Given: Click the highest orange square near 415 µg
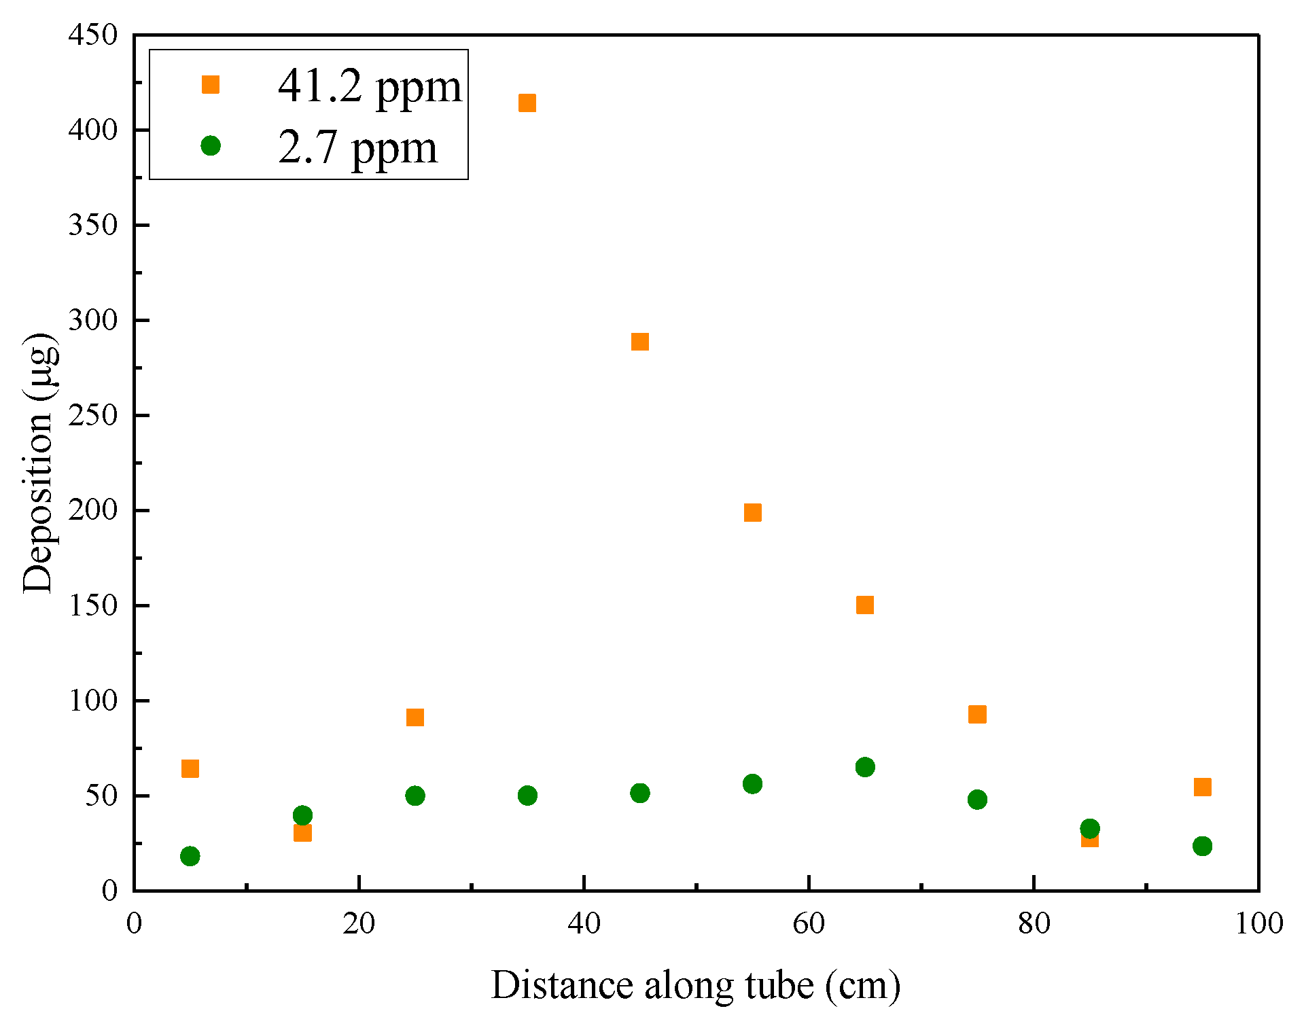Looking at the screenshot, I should point(527,103).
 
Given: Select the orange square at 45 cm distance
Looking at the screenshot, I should point(640,342).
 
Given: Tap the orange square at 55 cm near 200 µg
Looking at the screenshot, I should point(752,512).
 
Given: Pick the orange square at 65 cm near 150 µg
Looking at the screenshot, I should point(865,605).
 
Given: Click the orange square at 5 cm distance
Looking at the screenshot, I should point(190,768).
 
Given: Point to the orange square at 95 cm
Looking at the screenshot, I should point(1202,787).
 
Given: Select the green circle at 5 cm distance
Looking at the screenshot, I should point(190,856).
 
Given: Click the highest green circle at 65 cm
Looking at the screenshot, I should point(865,767).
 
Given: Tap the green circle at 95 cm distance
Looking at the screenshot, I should point(1202,846).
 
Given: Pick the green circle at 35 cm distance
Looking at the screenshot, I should point(527,796).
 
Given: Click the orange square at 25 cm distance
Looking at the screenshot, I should point(415,717).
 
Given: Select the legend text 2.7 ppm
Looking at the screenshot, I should point(357,147).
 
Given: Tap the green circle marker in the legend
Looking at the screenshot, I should point(211,145).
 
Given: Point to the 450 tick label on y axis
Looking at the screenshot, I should point(93,35).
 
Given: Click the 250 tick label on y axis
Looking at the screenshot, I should point(93,415).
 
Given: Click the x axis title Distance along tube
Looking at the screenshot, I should point(695,985).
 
